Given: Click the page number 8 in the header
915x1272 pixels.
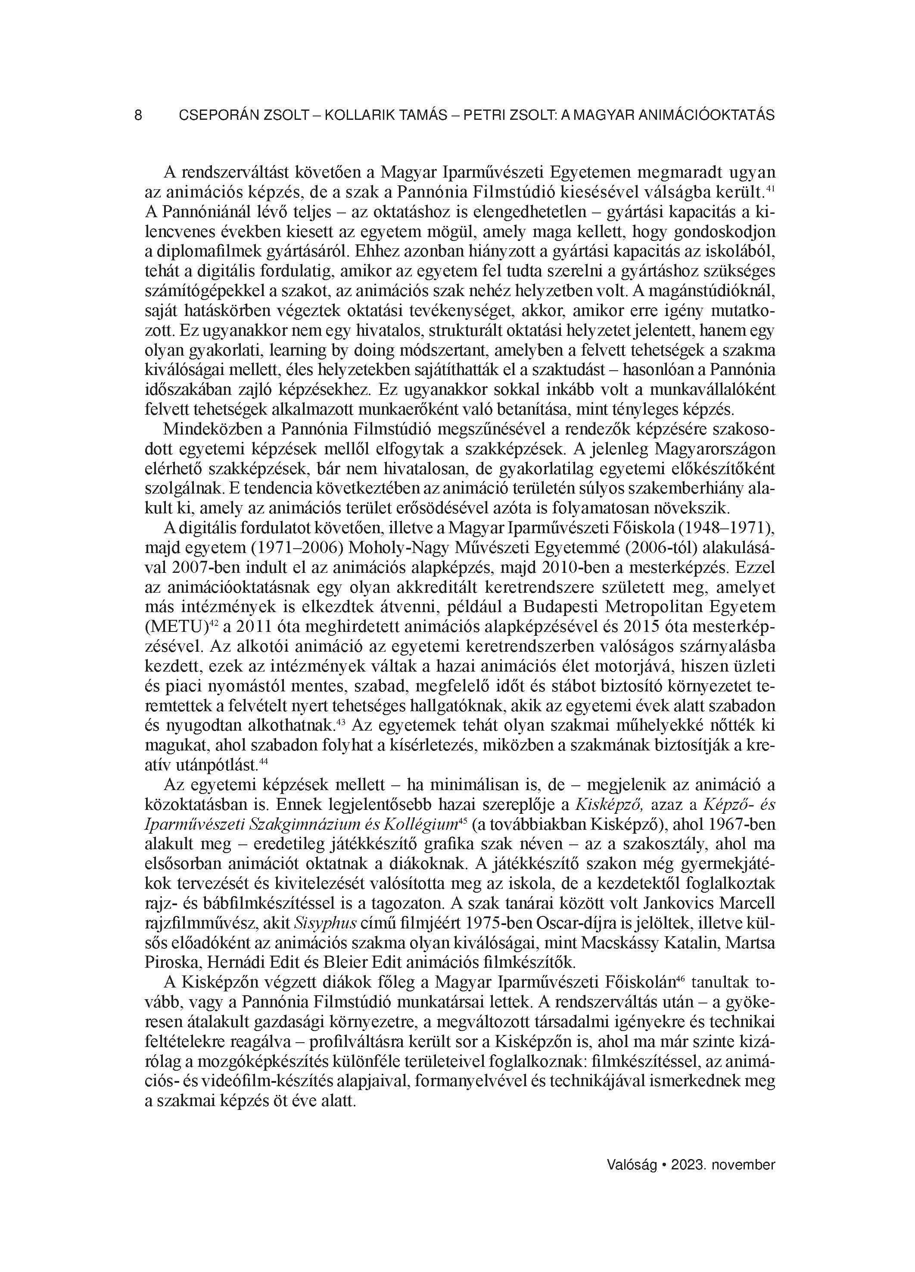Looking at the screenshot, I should pos(138,116).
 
